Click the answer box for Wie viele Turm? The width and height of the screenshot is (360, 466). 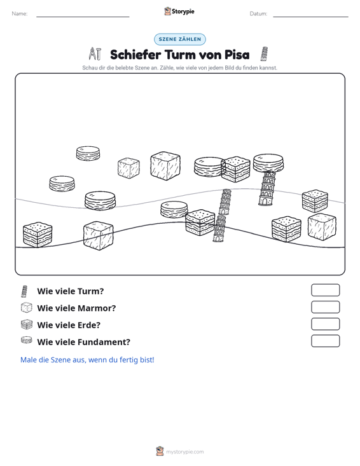[325, 290]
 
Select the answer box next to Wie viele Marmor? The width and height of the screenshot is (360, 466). [325, 307]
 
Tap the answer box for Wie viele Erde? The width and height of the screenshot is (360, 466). [325, 324]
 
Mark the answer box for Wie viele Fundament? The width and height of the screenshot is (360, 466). [325, 341]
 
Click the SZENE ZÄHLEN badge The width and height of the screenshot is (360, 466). [180, 39]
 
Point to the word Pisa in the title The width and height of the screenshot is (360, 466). [237, 55]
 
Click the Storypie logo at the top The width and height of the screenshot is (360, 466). [179, 11]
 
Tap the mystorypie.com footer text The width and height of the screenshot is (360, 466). [184, 452]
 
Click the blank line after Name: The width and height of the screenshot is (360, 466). [83, 17]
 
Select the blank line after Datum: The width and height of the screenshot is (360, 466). [310, 17]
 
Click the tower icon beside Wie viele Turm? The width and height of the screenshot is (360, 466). [24, 291]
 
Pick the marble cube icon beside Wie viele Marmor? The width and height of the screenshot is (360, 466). [27, 308]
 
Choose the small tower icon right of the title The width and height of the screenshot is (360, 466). [264, 54]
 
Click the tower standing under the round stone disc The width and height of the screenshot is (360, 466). [267, 188]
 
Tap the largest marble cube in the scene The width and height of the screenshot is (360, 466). [165, 165]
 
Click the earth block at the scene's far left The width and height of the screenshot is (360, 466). [38, 235]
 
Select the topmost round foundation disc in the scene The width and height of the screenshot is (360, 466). [88, 153]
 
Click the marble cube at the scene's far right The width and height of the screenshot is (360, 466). [322, 227]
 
